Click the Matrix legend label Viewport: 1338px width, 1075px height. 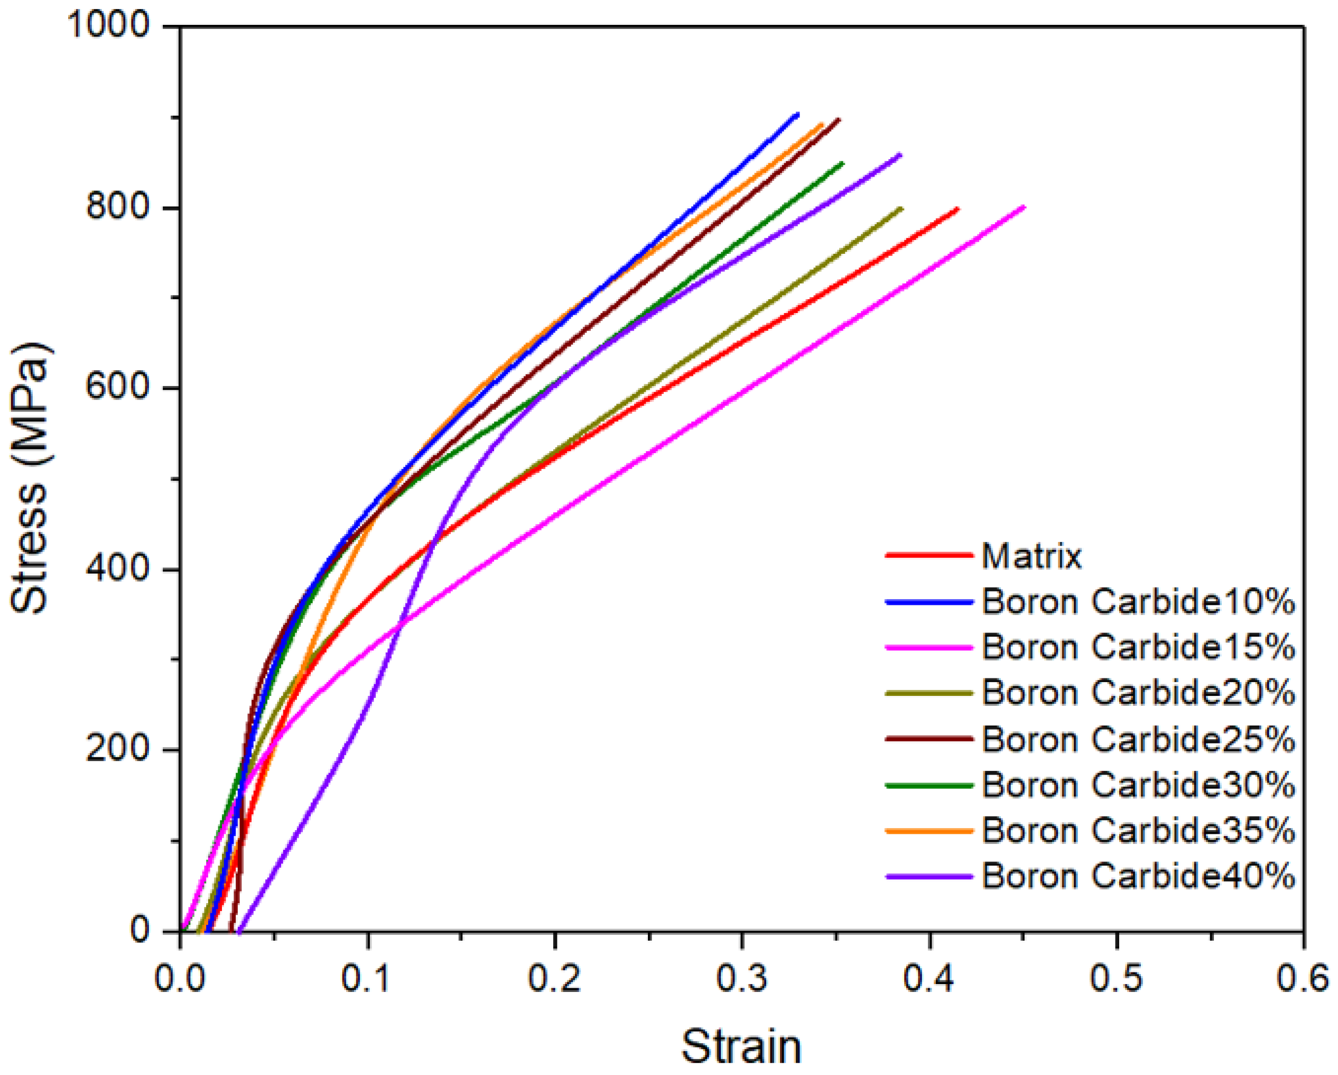[1031, 556]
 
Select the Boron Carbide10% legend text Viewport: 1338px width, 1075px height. [1138, 601]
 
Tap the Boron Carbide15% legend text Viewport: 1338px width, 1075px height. [1138, 647]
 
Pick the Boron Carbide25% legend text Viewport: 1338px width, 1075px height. [1138, 739]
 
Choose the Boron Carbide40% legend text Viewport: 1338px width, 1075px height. [1138, 876]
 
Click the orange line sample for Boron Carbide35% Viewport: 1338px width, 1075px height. [928, 830]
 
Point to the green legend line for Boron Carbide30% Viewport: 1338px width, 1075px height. [928, 785]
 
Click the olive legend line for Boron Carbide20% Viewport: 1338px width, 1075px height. [928, 693]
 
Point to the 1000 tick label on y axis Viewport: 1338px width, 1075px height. [109, 26]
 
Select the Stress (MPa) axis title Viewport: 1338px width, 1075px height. [30, 478]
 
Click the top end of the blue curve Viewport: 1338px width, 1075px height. [797, 114]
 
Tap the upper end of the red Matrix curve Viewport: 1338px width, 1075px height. [958, 209]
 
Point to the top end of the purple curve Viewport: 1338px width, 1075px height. [900, 154]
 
